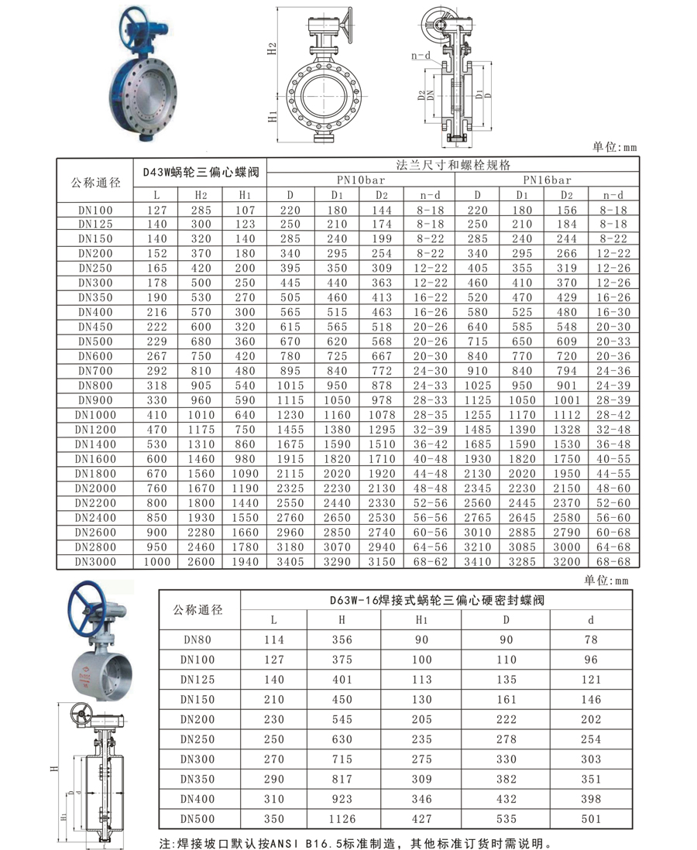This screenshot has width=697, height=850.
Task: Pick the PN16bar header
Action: [x=547, y=180]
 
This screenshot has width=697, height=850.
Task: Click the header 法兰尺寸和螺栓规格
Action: [x=453, y=165]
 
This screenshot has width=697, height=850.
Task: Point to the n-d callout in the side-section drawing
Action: [x=421, y=56]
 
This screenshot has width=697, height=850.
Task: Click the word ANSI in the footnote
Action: [x=281, y=843]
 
